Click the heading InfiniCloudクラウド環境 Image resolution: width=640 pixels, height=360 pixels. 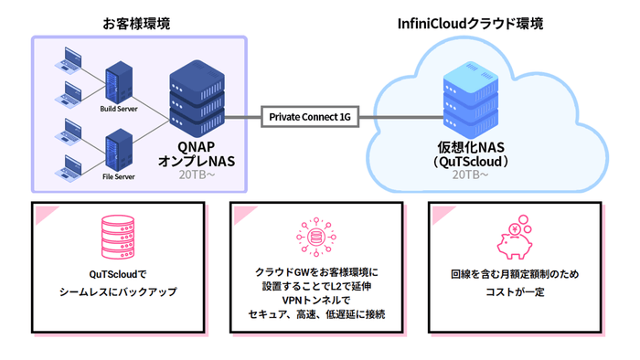476,21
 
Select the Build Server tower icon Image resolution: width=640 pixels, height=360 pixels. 119,82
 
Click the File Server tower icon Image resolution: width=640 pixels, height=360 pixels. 119,148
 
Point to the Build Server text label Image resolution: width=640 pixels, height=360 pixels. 119,111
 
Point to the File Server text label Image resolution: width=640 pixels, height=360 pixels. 119,176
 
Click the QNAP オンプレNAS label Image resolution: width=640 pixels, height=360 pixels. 197,153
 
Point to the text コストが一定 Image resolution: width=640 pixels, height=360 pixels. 515,291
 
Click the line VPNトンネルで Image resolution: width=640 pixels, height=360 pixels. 316,300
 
